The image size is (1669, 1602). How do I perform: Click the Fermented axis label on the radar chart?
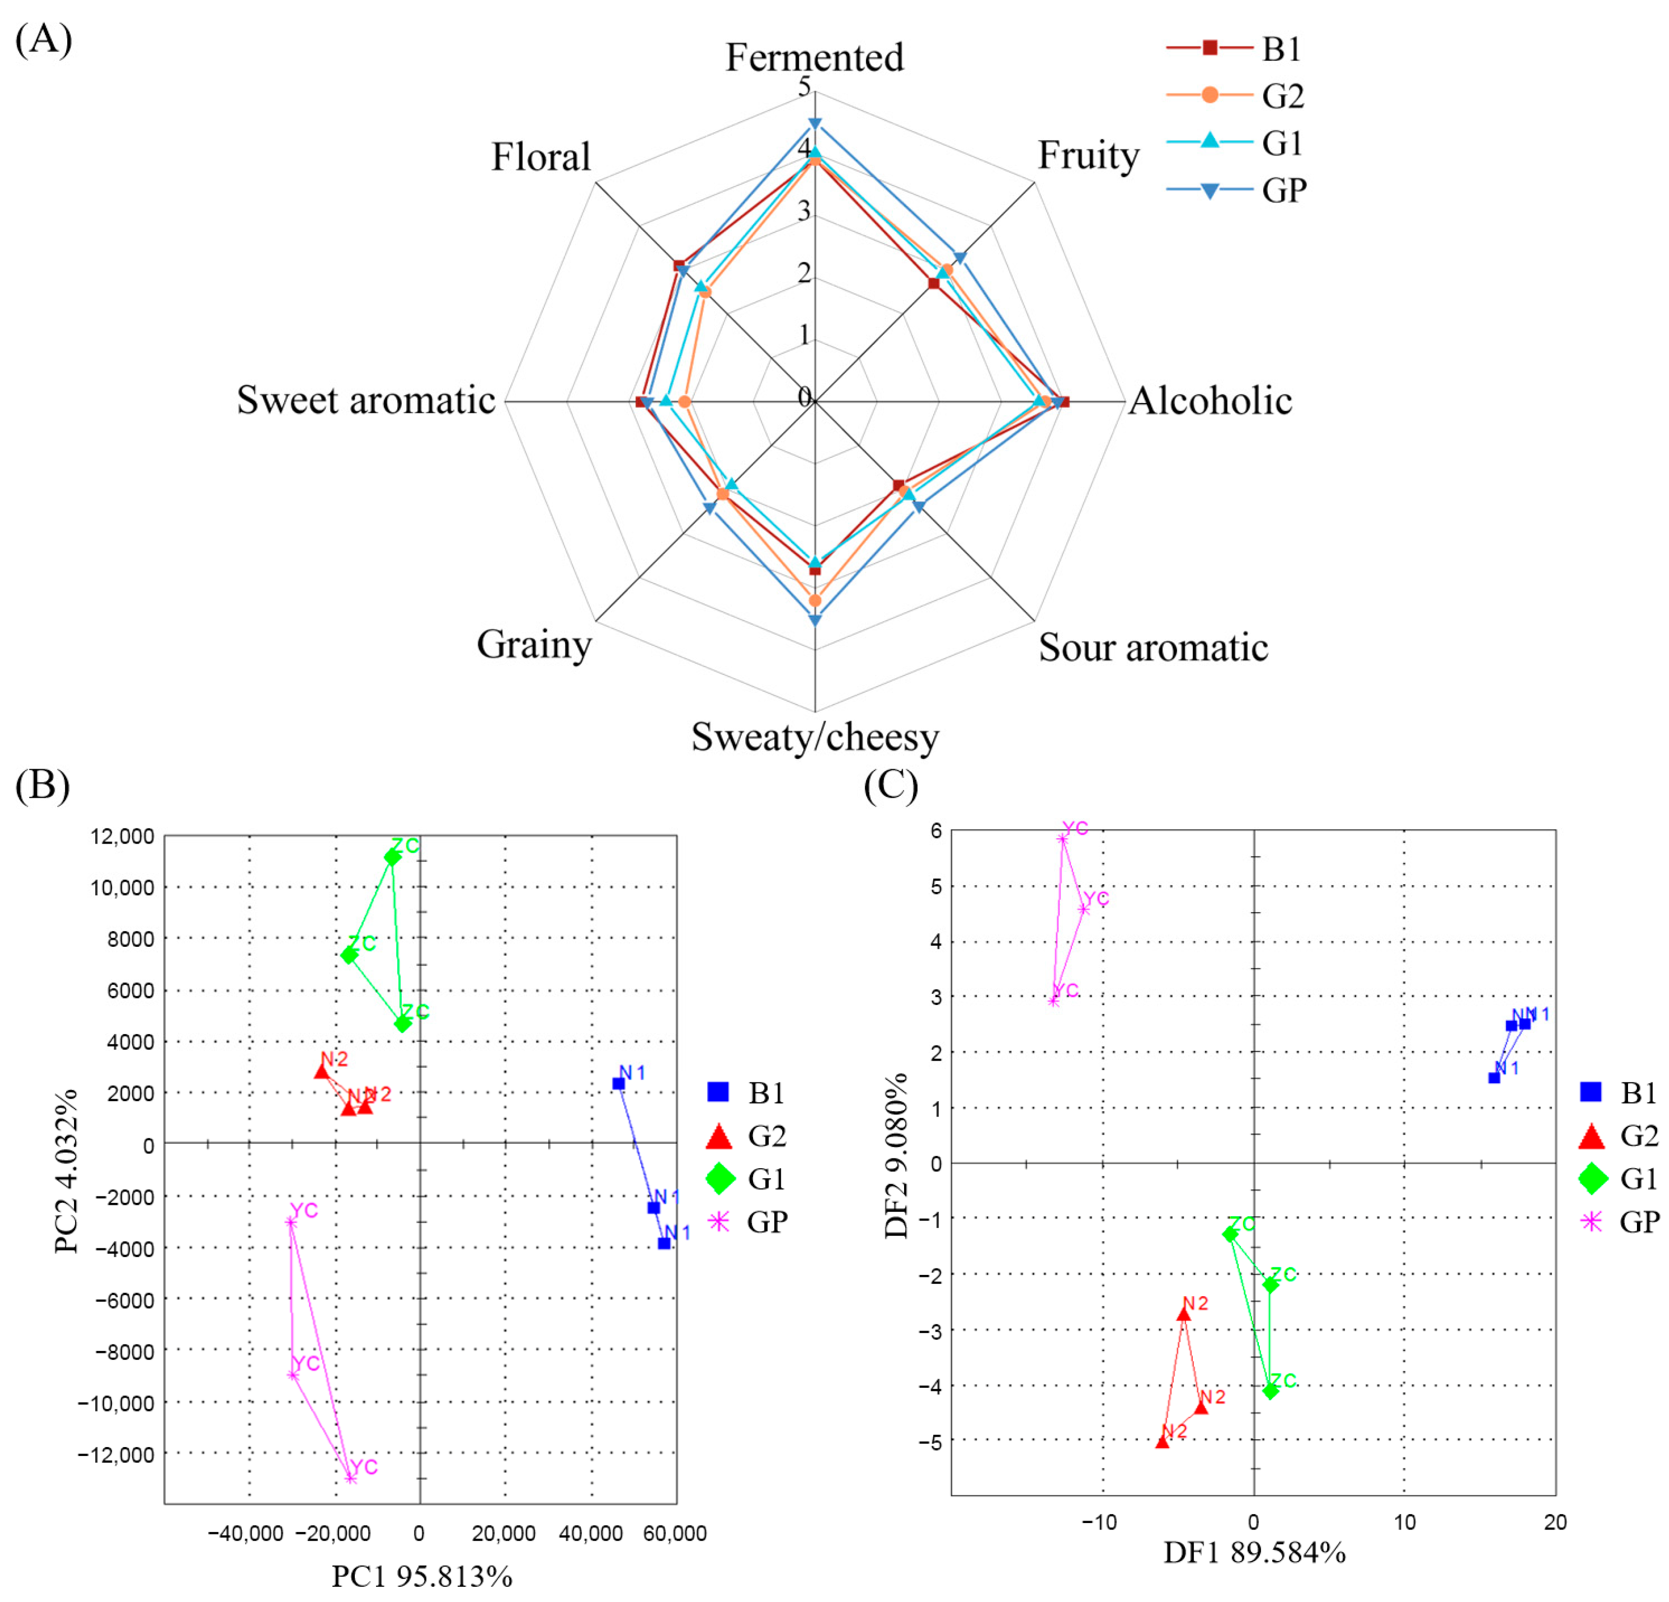point(814,58)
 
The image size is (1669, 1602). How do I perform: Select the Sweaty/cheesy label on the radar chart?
point(815,736)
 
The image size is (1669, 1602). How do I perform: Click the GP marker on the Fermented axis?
point(815,124)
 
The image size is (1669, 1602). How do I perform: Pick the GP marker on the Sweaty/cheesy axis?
point(815,620)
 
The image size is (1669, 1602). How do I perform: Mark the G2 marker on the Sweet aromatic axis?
point(684,401)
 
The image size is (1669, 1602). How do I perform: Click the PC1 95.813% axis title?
point(421,1576)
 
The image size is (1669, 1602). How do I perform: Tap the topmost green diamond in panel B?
point(392,857)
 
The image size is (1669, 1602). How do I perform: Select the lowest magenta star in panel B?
point(350,1478)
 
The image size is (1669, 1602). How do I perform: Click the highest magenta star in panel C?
point(1062,838)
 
